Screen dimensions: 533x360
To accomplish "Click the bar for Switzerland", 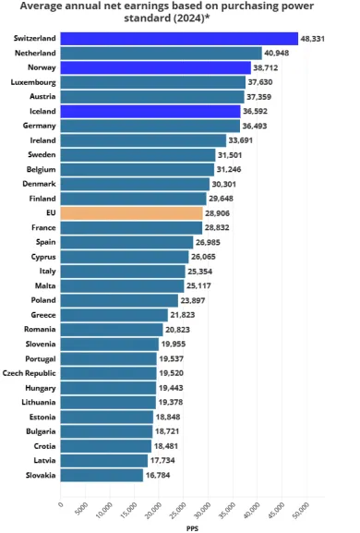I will (x=179, y=39).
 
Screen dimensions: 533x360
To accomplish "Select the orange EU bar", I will (x=131, y=212).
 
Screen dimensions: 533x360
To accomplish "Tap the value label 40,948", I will (x=279, y=54).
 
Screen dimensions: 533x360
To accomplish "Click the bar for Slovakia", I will (x=102, y=475).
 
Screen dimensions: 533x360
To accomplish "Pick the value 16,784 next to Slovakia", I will (x=160, y=475).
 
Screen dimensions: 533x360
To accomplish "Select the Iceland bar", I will (x=150, y=111).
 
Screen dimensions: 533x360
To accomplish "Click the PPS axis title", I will (x=191, y=528).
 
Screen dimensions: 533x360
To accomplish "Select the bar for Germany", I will (x=150, y=126).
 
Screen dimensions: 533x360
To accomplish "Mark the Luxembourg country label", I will (x=32, y=82).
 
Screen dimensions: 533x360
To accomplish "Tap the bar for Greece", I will (x=114, y=315).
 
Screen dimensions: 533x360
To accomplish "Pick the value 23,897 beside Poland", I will (x=195, y=300).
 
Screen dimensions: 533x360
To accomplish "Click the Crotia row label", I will (x=42, y=445).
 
